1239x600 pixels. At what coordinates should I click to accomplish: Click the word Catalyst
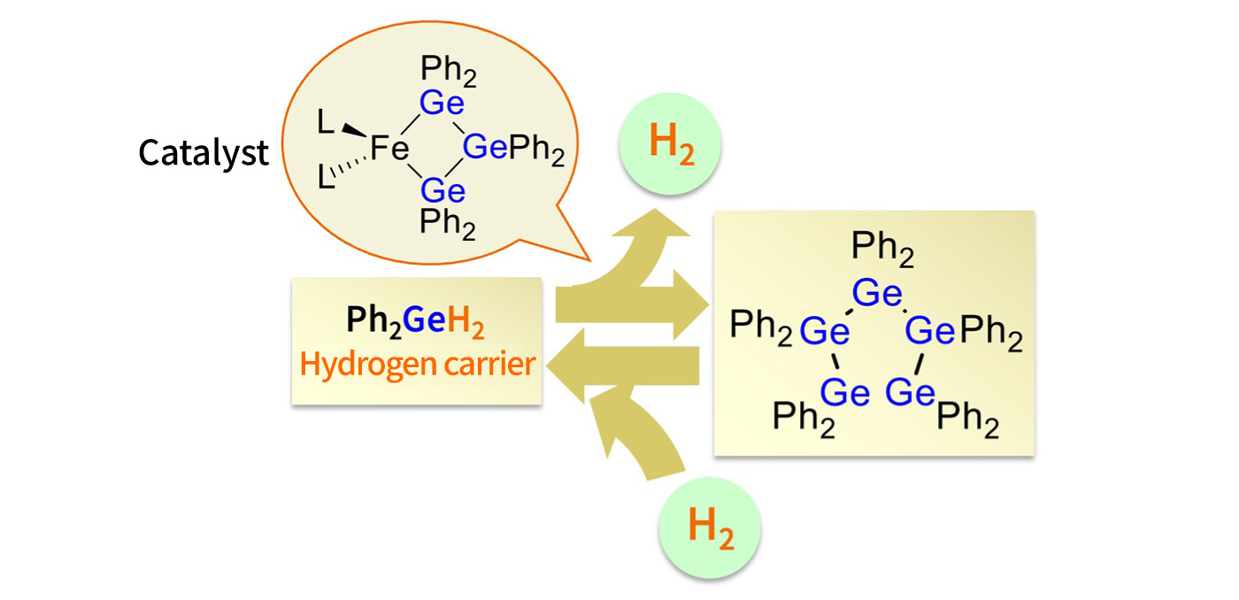tap(204, 153)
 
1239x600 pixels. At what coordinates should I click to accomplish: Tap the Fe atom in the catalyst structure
tap(389, 148)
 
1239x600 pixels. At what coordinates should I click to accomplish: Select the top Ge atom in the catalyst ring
tap(442, 103)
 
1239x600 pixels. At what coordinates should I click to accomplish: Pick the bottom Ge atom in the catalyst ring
tap(442, 191)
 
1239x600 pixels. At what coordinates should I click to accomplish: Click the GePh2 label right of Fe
tap(513, 150)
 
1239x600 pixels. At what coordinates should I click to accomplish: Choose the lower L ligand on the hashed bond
tap(326, 177)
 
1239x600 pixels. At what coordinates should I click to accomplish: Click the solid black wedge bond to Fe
tap(354, 130)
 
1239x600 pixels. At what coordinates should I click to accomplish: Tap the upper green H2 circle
tap(670, 143)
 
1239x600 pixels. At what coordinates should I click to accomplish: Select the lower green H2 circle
tap(710, 527)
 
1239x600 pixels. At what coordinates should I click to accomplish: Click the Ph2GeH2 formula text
tap(415, 321)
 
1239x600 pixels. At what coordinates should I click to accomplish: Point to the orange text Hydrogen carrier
tap(418, 365)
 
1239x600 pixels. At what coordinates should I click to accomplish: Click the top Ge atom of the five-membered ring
tap(877, 293)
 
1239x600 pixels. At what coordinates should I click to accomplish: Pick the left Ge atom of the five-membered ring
tap(825, 331)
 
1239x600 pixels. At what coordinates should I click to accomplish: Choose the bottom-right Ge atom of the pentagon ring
tap(910, 393)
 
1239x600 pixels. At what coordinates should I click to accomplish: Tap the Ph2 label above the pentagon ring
tap(882, 249)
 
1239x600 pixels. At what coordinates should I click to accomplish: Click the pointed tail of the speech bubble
tap(589, 260)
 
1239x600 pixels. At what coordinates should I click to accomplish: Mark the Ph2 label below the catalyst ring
tap(448, 224)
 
